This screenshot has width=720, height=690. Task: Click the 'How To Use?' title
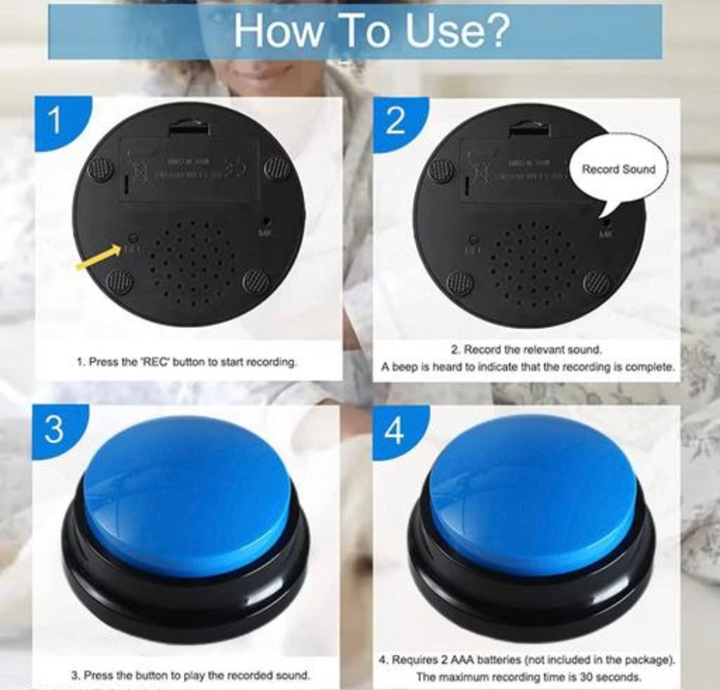click(371, 31)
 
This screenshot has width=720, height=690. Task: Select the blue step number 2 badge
click(395, 122)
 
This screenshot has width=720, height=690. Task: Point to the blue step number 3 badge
click(54, 430)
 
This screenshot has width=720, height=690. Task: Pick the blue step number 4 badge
click(395, 432)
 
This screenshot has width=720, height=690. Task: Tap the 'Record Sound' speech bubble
click(618, 169)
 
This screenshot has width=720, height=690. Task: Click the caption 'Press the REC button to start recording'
click(186, 362)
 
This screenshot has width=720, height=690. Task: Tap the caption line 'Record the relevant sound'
click(526, 350)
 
